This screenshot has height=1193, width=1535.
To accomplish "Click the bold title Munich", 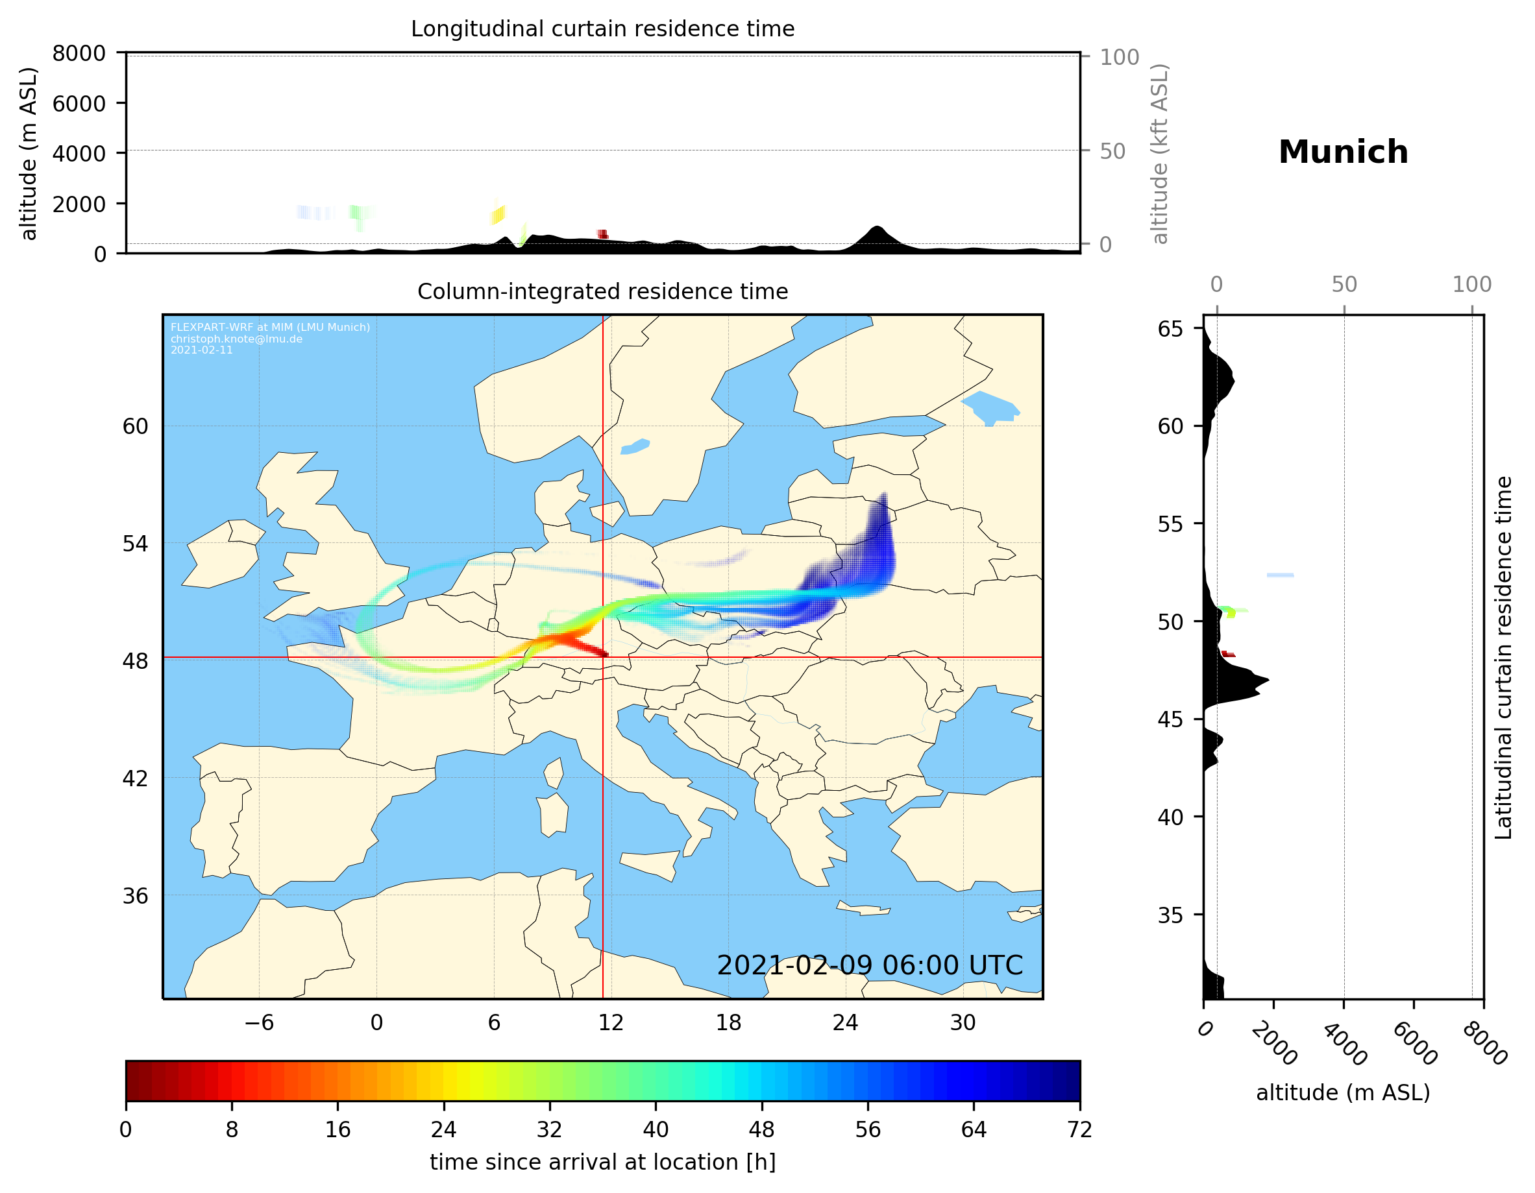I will [1342, 152].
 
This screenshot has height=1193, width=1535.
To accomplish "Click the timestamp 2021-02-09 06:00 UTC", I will [870, 965].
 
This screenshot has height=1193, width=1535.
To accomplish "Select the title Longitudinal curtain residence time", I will [602, 29].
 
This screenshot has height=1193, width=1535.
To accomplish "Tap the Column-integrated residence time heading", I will [602, 291].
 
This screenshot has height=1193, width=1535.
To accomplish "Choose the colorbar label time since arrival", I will [602, 1162].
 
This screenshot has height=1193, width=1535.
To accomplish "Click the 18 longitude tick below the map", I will [728, 1022].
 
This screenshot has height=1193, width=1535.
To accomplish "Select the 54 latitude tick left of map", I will [135, 544].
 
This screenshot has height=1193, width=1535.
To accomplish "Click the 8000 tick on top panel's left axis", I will [79, 53].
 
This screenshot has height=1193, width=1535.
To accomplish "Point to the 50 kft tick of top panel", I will [1112, 151].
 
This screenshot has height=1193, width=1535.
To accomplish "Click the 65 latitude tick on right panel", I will [1170, 329].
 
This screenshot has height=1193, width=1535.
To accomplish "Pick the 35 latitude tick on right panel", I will [1170, 915].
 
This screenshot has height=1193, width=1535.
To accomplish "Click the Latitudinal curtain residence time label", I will [1503, 657].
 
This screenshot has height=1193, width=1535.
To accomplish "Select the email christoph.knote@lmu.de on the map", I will [236, 339].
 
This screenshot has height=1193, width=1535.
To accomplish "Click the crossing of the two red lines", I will [603, 658].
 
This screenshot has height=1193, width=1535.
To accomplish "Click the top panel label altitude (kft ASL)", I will [1160, 154].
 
